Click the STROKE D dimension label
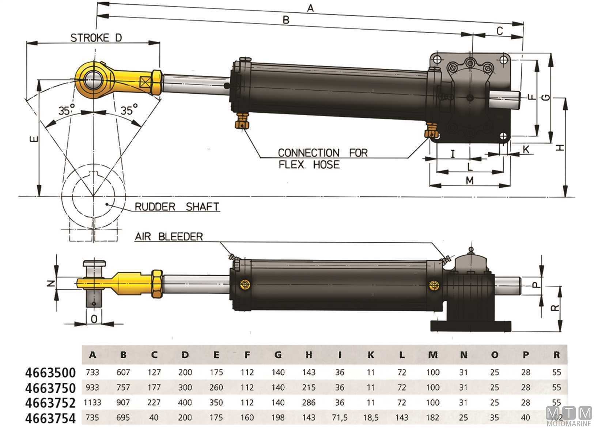tap(96, 38)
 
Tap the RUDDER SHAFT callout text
tap(177, 207)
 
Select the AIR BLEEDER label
tap(169, 236)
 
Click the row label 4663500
tap(50, 372)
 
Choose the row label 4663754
tap(50, 418)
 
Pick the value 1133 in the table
tap(92, 402)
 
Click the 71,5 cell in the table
tap(340, 417)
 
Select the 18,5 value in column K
tap(371, 417)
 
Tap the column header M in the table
tap(433, 354)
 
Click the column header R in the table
tap(557, 354)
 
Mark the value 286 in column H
tap(309, 402)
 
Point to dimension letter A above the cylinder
tap(310, 8)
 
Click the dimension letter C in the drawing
tap(500, 31)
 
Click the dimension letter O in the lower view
tap(94, 319)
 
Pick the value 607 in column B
tap(123, 372)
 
